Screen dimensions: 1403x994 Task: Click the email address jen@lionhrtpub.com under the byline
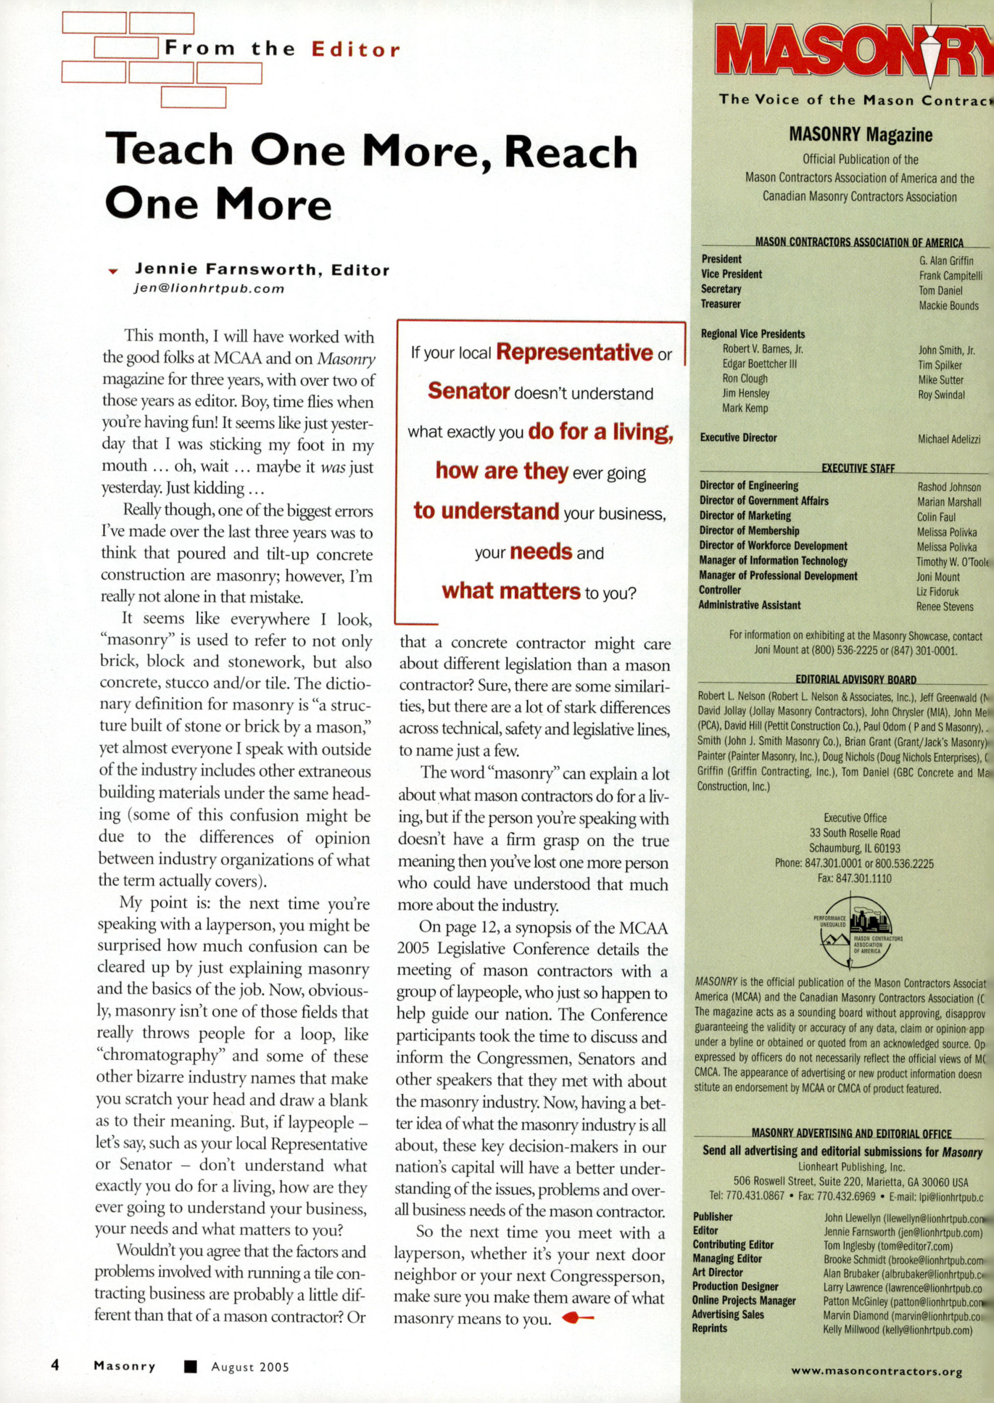[x=209, y=289]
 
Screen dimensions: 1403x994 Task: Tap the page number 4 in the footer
[x=55, y=1365]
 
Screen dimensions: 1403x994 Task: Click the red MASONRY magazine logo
[x=856, y=51]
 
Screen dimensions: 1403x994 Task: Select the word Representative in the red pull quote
[x=574, y=353]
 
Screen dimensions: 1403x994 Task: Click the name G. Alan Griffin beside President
[x=946, y=260]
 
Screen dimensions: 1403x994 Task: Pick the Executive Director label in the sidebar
[x=738, y=437]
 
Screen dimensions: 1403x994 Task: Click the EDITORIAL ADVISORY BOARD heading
[x=856, y=680]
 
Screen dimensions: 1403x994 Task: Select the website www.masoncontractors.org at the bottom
[x=877, y=1371]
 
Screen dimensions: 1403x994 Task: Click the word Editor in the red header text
[x=355, y=49]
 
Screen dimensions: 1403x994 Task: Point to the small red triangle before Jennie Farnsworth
[x=113, y=271]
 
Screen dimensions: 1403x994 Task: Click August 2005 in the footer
[x=250, y=1367]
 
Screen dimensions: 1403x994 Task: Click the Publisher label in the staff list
[x=712, y=1217]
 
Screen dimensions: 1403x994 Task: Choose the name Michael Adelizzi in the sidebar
[x=949, y=439]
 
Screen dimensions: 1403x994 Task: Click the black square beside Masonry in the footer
[x=191, y=1367]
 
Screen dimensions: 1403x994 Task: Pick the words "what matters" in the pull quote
[x=511, y=591]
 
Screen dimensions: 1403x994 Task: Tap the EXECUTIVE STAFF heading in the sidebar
[x=858, y=469]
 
